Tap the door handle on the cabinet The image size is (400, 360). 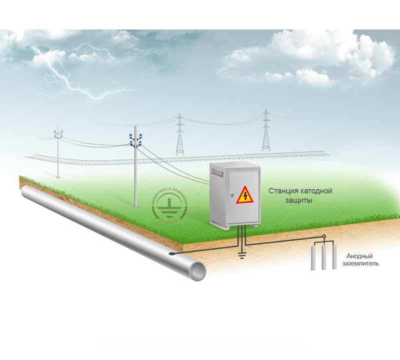(x=231, y=192)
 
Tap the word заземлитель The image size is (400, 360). (x=360, y=262)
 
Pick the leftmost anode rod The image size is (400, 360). (x=313, y=257)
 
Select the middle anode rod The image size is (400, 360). (x=324, y=257)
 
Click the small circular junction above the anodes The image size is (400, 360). (x=324, y=237)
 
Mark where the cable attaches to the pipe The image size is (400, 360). (x=172, y=254)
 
